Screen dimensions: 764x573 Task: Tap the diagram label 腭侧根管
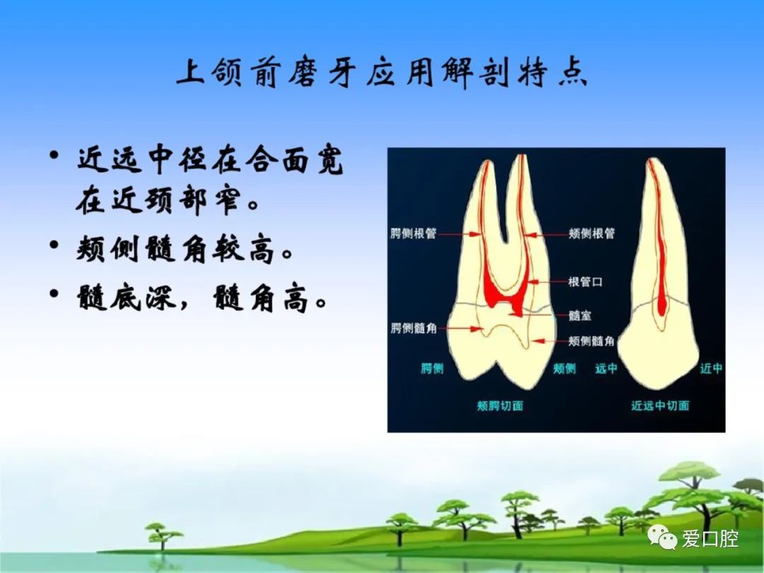[x=413, y=234]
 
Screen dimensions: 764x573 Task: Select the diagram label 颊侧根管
[x=591, y=234]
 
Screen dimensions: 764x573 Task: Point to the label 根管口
[x=586, y=282]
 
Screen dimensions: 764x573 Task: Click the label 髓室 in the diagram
[x=580, y=316]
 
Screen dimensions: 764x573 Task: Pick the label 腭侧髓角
[x=413, y=328]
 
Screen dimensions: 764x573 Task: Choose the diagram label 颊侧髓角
[x=591, y=341]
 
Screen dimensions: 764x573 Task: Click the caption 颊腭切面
[x=500, y=406]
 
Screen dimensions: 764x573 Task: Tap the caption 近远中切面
[x=660, y=406]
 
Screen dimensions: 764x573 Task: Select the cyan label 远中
[x=606, y=369]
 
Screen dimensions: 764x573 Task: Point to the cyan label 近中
[x=712, y=369]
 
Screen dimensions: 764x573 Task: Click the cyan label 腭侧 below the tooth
[x=432, y=369]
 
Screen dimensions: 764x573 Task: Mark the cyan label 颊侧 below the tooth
[x=565, y=369]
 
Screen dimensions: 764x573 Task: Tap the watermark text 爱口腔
[x=710, y=539]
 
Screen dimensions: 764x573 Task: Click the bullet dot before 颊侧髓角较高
[x=54, y=245]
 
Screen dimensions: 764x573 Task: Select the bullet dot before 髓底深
[x=54, y=294]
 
